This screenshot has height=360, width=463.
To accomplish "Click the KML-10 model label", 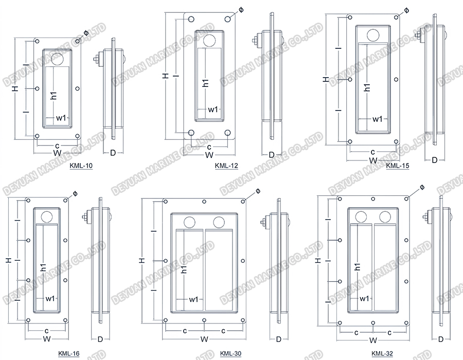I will pyautogui.click(x=81, y=166).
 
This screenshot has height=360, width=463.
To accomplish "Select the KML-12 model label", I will pyautogui.click(x=227, y=166).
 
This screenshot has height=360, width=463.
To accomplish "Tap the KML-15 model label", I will pyautogui.click(x=398, y=166).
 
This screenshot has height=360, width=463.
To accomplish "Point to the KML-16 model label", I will pyautogui.click(x=69, y=353).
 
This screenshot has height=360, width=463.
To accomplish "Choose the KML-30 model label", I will pyautogui.click(x=230, y=353).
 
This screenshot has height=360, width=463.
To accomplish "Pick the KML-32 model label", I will pyautogui.click(x=382, y=353).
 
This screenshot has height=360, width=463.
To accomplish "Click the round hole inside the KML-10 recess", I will pyautogui.click(x=57, y=59).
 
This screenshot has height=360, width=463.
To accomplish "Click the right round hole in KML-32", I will pyautogui.click(x=386, y=217).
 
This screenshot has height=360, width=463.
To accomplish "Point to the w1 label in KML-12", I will pyautogui.click(x=213, y=109).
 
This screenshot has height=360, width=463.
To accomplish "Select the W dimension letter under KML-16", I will pyautogui.click(x=46, y=339).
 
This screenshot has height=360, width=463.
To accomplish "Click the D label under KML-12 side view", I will pyautogui.click(x=272, y=155).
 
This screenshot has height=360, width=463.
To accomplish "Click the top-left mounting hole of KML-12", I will pyautogui.click(x=191, y=20).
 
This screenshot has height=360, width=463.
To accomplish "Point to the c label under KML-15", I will pyautogui.click(x=372, y=152).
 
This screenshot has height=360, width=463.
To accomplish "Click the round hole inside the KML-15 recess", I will pyautogui.click(x=372, y=35).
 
